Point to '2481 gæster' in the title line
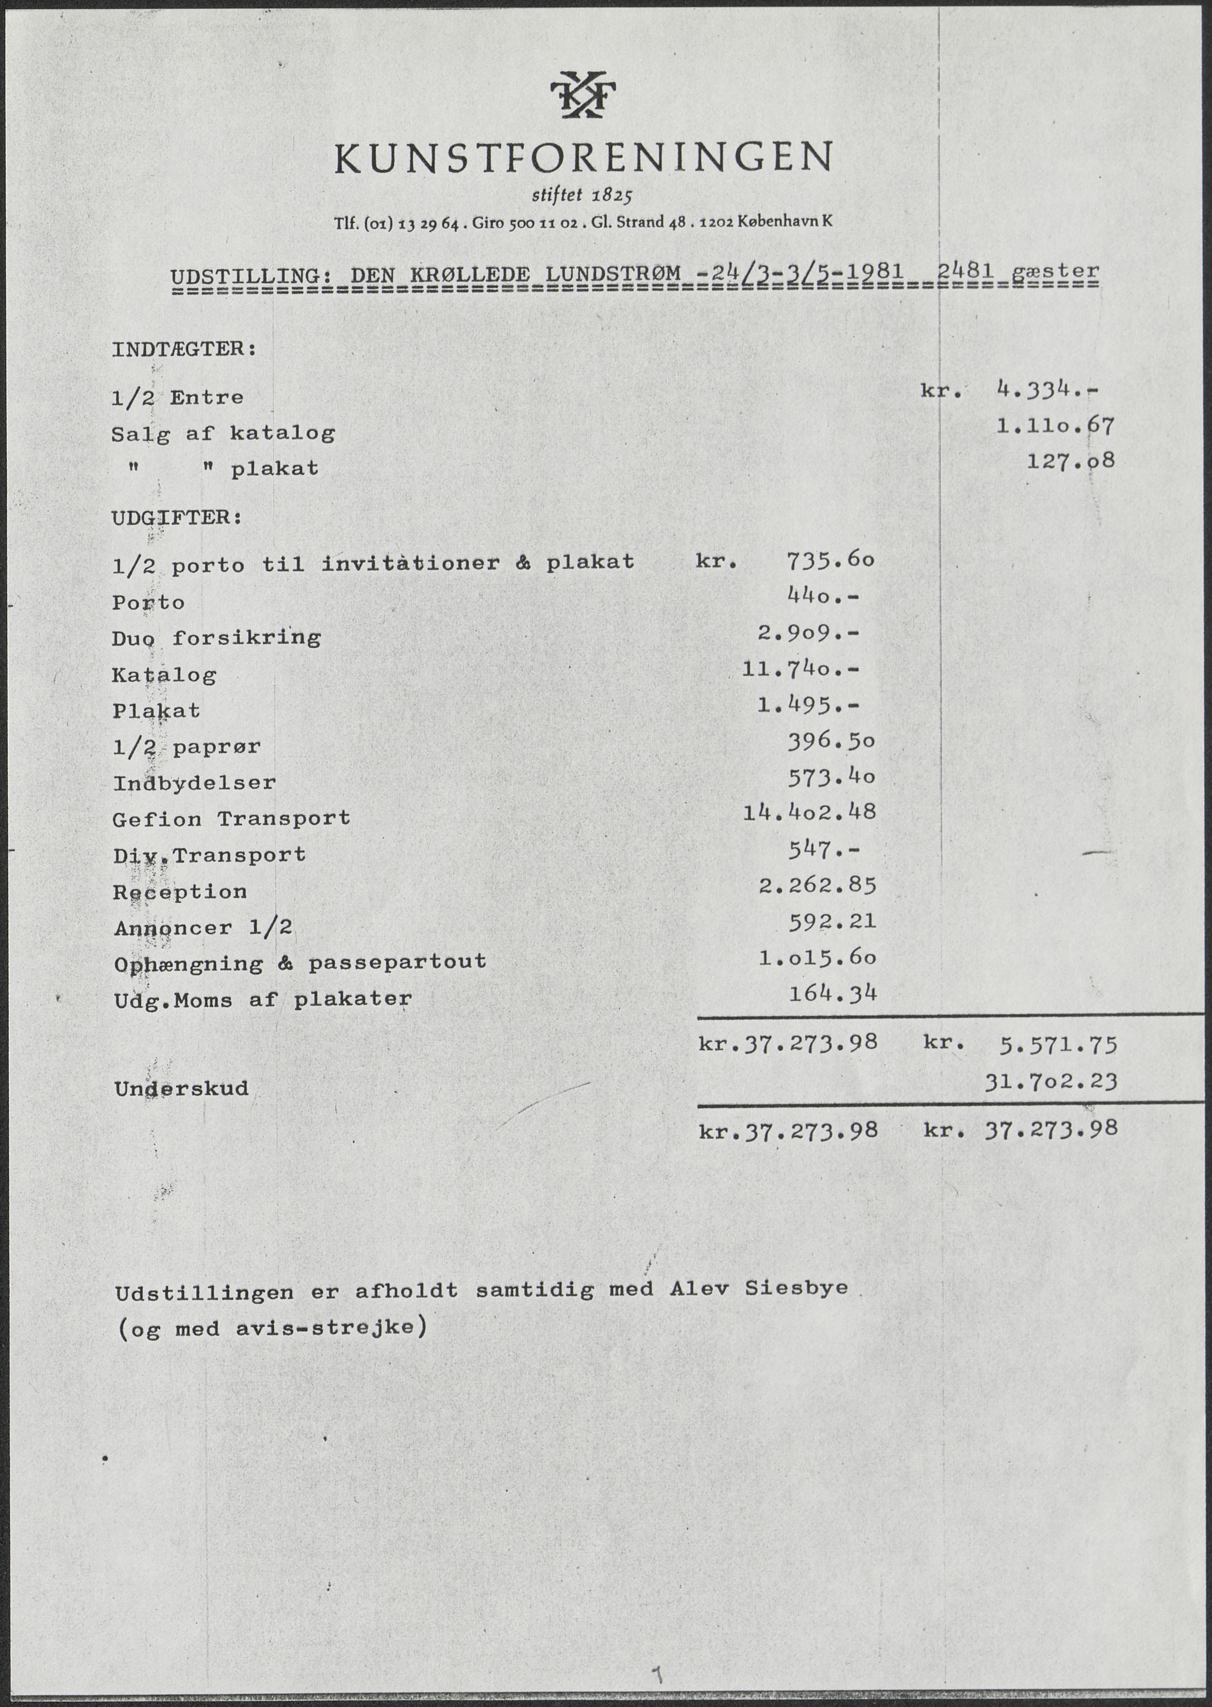[1017, 272]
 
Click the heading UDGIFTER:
[177, 518]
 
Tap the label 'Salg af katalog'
[223, 434]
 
